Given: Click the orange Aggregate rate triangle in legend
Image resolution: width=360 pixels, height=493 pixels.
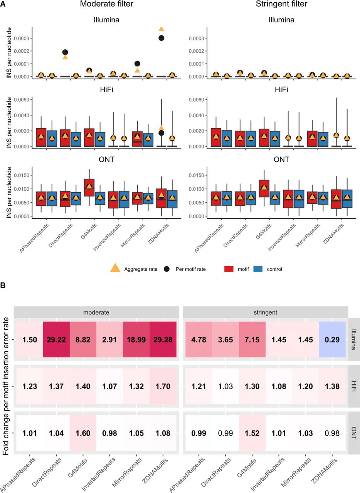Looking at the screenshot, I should (115, 269).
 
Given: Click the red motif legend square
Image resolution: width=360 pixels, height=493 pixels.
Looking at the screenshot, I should (230, 269).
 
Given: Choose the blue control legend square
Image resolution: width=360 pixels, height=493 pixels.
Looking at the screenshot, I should (259, 269).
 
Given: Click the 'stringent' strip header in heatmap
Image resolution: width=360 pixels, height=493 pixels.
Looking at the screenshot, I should (265, 312).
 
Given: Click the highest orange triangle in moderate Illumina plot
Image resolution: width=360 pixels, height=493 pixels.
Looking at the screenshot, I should (161, 29).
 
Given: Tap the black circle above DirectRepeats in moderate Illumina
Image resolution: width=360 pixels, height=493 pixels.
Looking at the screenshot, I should (65, 52).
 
